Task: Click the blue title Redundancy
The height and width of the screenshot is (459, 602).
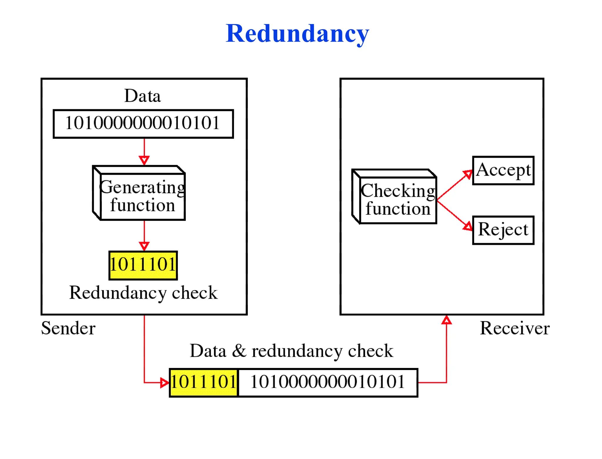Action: [x=297, y=34]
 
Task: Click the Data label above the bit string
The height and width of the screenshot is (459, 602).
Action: [x=143, y=96]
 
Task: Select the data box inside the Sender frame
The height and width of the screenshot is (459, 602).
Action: [x=143, y=123]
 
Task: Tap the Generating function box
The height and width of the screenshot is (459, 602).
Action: [x=143, y=196]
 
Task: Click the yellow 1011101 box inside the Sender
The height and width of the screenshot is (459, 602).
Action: [x=143, y=265]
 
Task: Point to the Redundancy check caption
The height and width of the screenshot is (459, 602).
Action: [x=143, y=293]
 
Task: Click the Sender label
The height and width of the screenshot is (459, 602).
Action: [x=68, y=328]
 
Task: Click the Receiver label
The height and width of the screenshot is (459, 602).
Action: [x=514, y=328]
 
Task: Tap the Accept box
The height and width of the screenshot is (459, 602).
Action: [x=503, y=170]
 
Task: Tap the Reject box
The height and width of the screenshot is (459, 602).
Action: [x=503, y=230]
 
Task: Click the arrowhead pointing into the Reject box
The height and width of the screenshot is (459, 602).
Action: [x=468, y=226]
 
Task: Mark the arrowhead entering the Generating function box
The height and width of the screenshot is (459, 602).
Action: [x=144, y=160]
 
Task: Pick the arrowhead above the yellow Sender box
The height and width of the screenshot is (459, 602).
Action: [x=144, y=246]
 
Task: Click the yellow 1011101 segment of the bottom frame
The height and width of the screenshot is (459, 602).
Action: [x=204, y=382]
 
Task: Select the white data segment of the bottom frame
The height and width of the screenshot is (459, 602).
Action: [x=327, y=382]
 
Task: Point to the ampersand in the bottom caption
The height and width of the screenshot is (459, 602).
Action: [x=239, y=351]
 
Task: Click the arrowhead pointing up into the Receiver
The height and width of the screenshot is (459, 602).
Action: [x=447, y=320]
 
